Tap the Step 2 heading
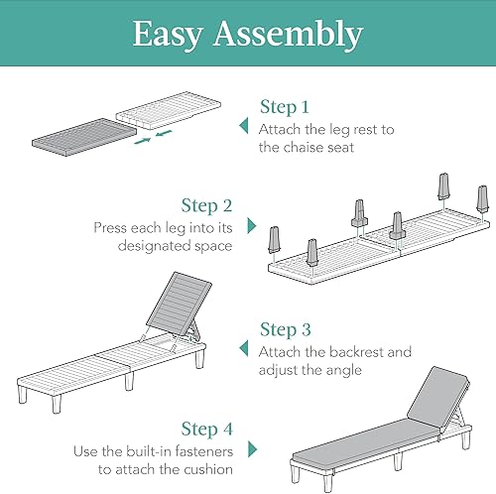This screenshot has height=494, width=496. click(206, 205)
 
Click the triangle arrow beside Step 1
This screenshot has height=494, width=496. click(243, 126)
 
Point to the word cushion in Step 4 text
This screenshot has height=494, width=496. click(209, 471)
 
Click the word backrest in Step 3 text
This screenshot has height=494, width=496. click(348, 352)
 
